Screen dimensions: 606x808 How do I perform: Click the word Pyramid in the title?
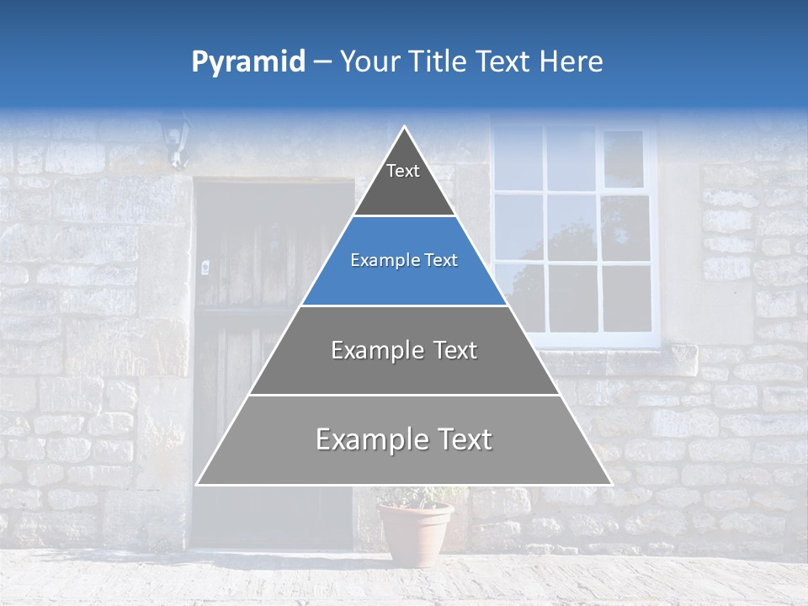point(247,62)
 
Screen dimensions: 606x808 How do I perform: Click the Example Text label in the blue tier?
point(404,260)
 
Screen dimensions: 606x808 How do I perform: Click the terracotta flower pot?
point(416,534)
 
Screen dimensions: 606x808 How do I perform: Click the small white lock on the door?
point(205,267)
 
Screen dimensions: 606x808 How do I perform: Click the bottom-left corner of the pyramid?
point(198,484)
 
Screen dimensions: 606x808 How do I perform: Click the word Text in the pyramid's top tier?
point(403,171)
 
